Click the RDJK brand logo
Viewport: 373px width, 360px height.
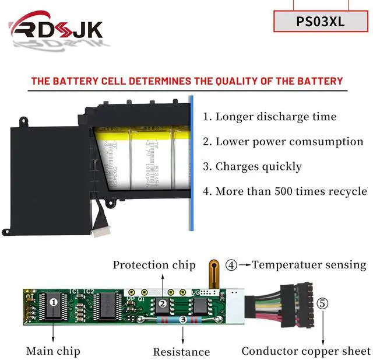(x=55, y=28)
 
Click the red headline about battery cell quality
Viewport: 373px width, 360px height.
(x=186, y=81)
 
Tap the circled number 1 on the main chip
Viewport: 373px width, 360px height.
(x=54, y=302)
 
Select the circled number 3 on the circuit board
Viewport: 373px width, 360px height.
(x=183, y=319)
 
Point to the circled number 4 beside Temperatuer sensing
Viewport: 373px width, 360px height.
(x=231, y=265)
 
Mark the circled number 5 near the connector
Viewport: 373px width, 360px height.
(x=322, y=304)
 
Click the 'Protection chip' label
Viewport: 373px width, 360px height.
(x=154, y=265)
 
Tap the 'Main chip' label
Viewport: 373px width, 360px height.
(x=53, y=351)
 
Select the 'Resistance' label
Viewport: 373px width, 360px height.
(x=181, y=351)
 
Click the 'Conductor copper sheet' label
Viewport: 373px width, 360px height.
(x=306, y=351)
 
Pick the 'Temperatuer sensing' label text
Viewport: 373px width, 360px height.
(x=309, y=265)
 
